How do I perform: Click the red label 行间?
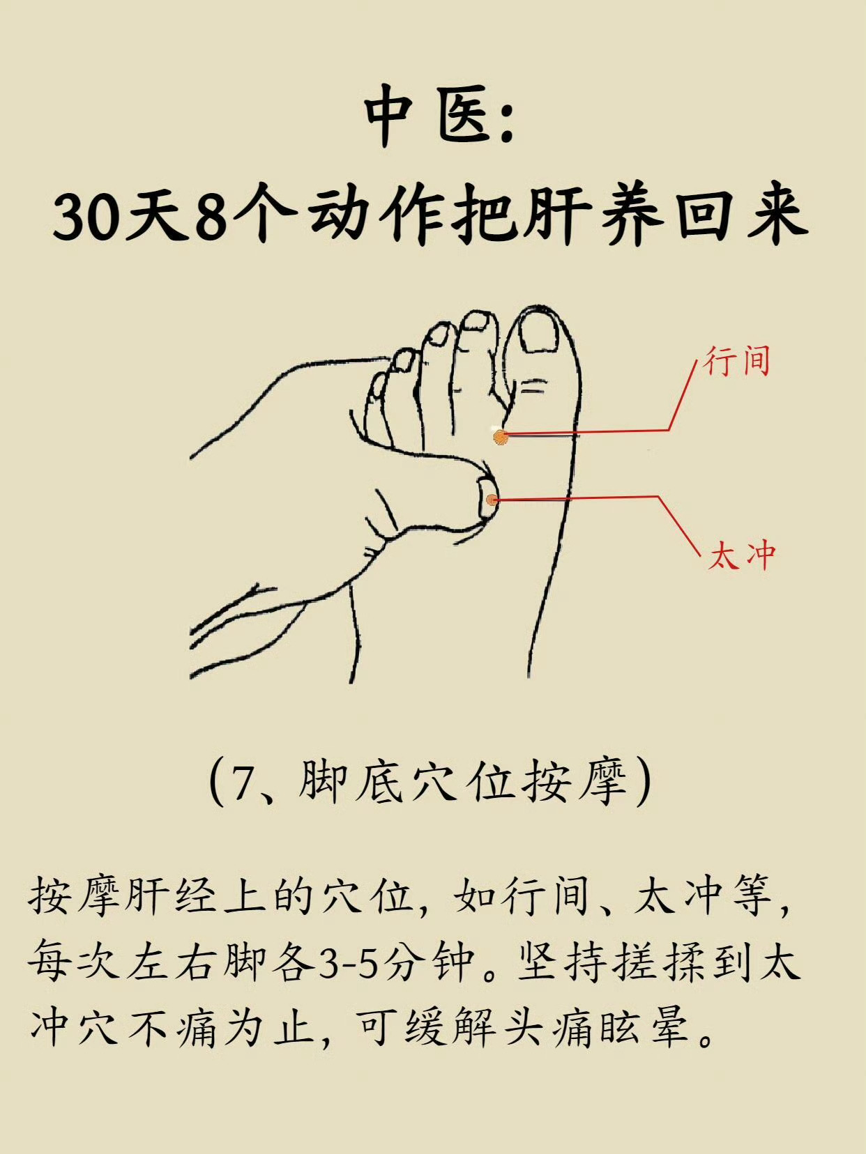coord(737,361)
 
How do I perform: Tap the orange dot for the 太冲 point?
coord(492,500)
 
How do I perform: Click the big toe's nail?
coord(539,331)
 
